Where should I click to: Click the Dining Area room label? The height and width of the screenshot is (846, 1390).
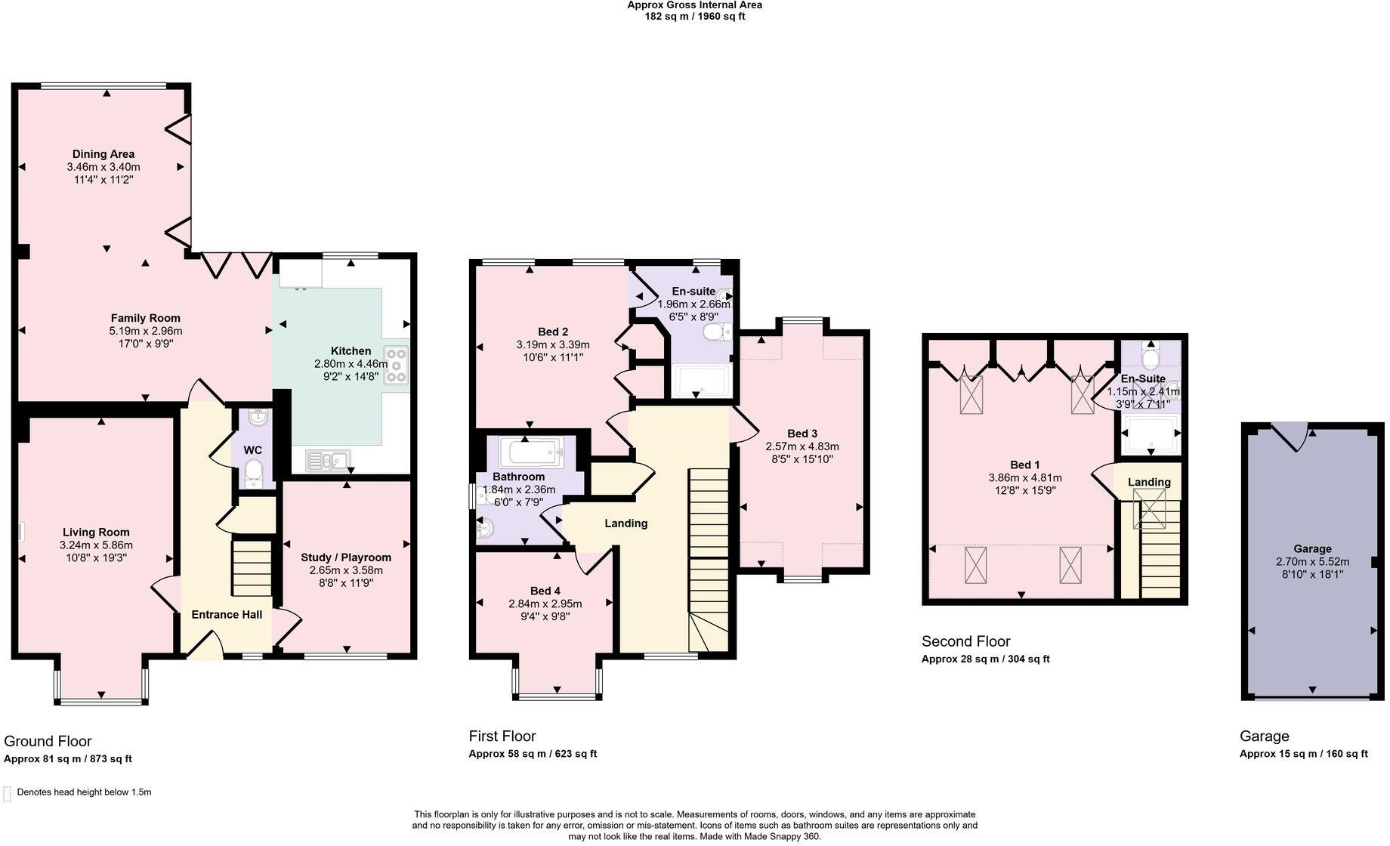click(103, 154)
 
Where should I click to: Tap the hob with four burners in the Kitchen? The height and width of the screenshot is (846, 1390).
click(397, 366)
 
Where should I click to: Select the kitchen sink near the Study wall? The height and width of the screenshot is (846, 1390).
click(329, 459)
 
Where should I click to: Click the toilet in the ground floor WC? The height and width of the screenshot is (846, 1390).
click(254, 473)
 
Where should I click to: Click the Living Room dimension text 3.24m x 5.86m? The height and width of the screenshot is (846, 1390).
click(96, 545)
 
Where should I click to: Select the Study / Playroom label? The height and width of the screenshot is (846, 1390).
click(346, 557)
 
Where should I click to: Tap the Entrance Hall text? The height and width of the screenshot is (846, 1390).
click(227, 614)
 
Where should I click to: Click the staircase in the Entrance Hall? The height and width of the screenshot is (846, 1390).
click(251, 568)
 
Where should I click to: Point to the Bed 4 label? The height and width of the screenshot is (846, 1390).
click(545, 591)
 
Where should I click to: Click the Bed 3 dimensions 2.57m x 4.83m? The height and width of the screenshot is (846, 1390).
click(802, 446)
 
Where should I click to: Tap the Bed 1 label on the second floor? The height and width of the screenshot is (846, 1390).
click(1025, 465)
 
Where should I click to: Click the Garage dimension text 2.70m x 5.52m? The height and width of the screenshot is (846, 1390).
click(1312, 561)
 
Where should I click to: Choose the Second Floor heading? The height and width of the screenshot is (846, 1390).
click(965, 641)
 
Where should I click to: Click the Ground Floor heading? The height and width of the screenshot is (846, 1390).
click(48, 741)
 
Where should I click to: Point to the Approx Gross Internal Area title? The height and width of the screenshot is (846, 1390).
click(694, 5)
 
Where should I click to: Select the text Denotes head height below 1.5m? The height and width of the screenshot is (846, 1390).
click(84, 792)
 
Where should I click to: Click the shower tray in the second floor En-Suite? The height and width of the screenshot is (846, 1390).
click(1150, 434)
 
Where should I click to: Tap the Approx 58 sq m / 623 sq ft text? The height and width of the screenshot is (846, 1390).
click(533, 753)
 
